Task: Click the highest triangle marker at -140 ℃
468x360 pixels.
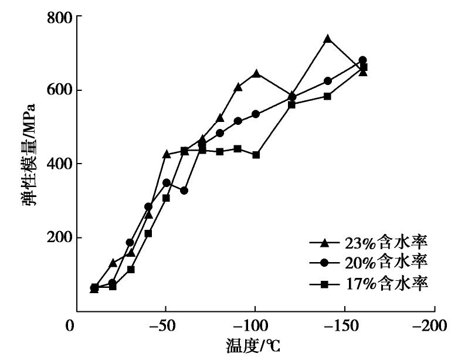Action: coord(327,39)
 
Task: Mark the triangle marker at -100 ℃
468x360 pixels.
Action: coord(256,73)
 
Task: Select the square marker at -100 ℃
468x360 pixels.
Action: coord(256,155)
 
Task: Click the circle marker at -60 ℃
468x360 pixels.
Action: coord(184,191)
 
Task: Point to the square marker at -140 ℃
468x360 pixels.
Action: coord(327,96)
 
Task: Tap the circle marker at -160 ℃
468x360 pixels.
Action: coord(362,60)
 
